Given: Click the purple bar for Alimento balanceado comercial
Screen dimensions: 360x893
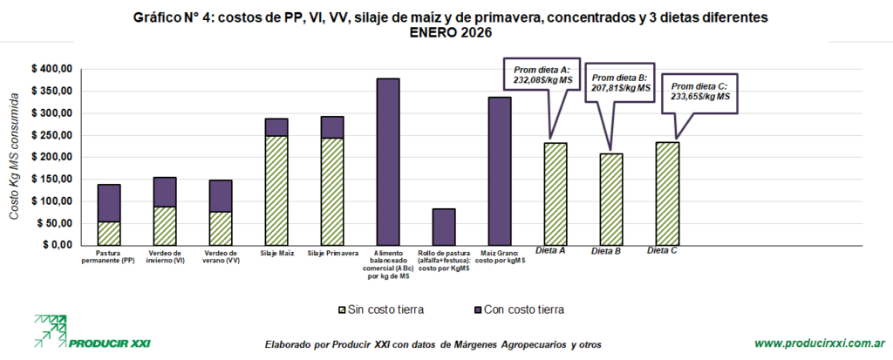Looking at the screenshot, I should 388,161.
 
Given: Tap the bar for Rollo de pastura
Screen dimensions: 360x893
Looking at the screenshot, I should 444,227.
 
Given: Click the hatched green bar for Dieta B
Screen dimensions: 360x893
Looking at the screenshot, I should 611,200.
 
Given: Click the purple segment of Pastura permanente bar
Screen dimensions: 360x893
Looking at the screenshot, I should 109,203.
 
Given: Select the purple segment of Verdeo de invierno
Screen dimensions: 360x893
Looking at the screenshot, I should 165,192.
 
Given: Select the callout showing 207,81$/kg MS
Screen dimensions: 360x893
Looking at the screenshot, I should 618,82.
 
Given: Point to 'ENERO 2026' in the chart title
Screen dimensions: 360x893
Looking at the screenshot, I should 446,33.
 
